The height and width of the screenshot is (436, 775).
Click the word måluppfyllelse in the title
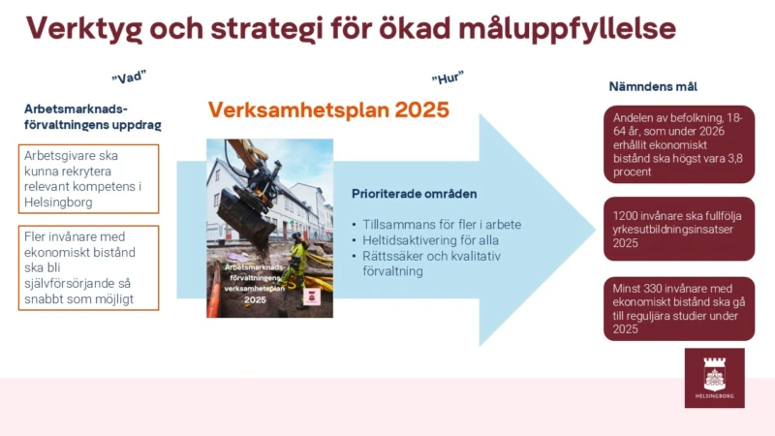(567, 29)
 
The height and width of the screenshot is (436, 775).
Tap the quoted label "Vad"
(129, 78)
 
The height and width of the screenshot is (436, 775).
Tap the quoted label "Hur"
(448, 78)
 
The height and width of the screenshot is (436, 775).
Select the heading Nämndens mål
(653, 86)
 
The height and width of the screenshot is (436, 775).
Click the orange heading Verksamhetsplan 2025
(328, 109)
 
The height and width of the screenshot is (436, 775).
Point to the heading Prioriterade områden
(415, 194)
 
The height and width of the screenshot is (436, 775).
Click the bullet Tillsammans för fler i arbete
(442, 225)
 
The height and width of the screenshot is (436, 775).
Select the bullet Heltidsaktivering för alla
(430, 240)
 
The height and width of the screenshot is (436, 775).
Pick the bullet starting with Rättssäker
(431, 264)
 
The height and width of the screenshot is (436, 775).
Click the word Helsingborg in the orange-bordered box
(58, 202)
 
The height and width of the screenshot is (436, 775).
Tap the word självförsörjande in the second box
(70, 283)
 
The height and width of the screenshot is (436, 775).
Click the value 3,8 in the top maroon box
(734, 159)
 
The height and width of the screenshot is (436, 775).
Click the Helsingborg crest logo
(715, 378)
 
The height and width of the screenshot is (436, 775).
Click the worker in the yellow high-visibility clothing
(296, 265)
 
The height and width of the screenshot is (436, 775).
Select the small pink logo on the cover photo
(312, 297)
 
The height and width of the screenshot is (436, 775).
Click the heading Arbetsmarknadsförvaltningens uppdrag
(92, 116)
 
